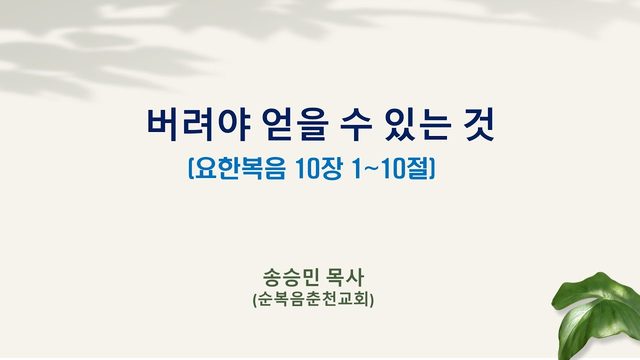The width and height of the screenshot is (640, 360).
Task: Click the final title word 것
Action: click(x=479, y=124)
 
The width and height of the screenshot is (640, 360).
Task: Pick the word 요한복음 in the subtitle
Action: click(x=239, y=168)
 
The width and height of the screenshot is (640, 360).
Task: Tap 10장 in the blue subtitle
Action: click(x=318, y=168)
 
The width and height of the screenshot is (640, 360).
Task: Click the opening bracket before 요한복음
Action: click(x=190, y=168)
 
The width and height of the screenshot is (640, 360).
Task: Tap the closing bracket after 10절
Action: click(x=433, y=168)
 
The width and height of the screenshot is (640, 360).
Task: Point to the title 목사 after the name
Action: click(x=344, y=278)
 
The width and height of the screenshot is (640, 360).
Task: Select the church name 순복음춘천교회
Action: click(x=313, y=300)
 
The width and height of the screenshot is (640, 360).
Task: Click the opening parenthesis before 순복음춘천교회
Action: click(x=255, y=300)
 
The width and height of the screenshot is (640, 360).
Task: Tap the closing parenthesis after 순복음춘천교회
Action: click(x=372, y=300)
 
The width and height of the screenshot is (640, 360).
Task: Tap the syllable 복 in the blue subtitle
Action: click(x=251, y=168)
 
